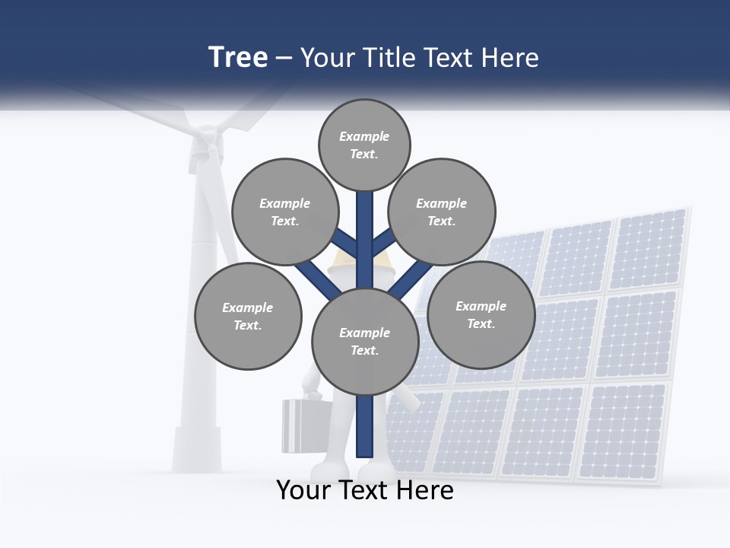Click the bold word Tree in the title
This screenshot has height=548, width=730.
238,58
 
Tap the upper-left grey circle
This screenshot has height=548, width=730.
284,212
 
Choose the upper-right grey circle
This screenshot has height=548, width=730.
442,212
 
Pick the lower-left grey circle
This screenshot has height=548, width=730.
248,317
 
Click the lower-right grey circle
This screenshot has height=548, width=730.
481,315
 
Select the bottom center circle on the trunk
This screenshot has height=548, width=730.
365,342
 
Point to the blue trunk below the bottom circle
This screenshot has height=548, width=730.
365,426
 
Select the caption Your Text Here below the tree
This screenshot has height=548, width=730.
365,490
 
